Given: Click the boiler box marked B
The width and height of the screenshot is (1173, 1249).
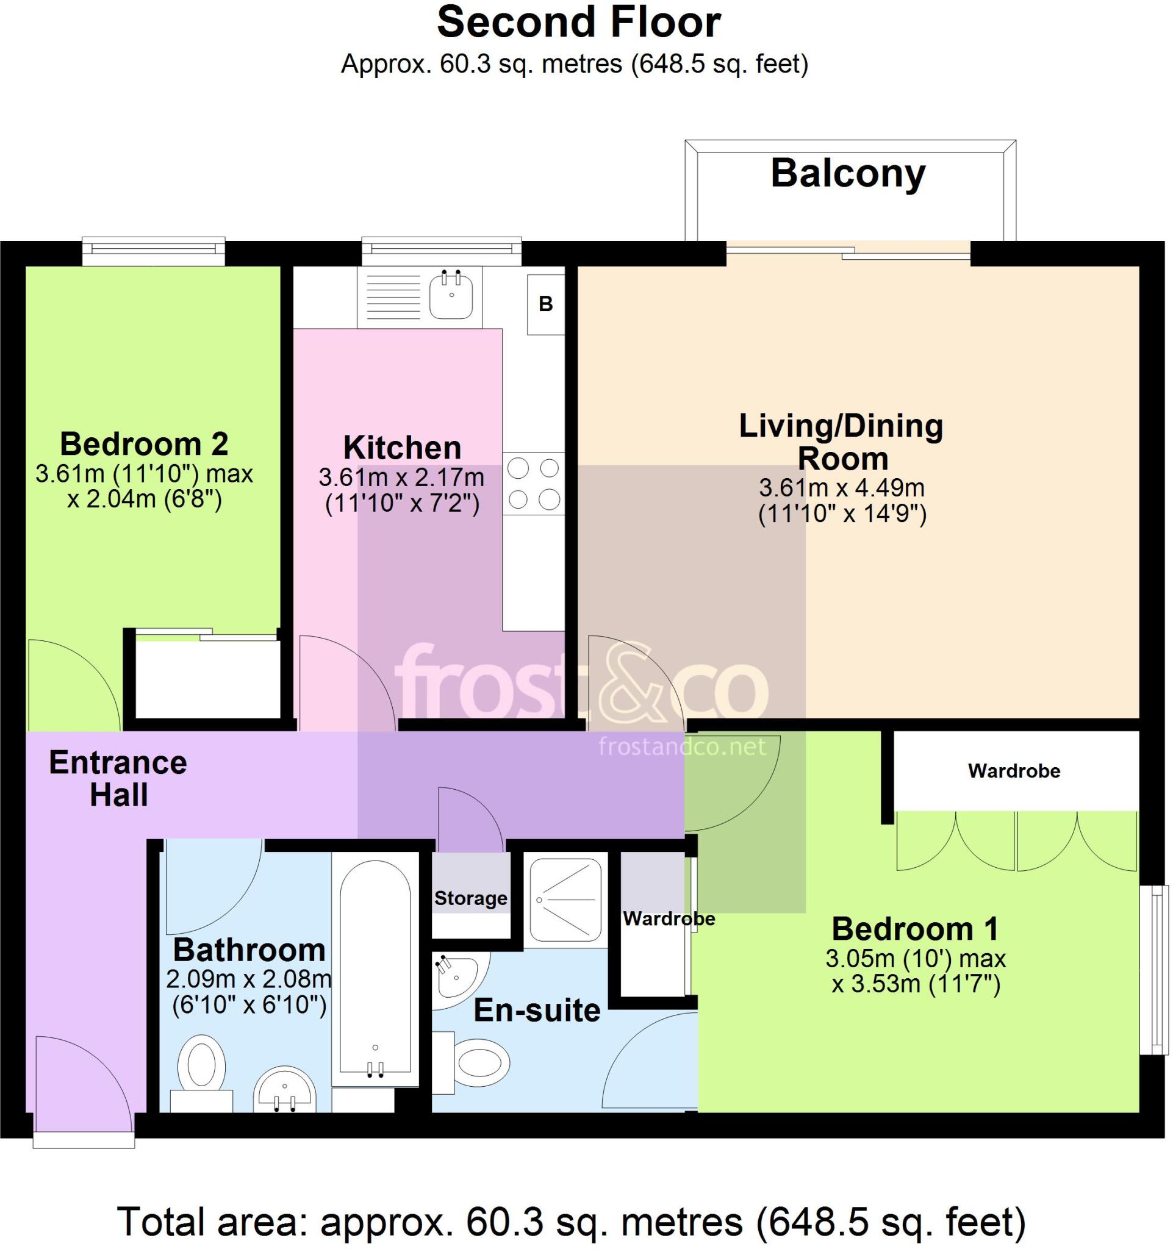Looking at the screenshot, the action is click(x=546, y=305).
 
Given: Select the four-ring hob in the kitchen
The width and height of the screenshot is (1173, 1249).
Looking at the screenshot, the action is click(x=533, y=484).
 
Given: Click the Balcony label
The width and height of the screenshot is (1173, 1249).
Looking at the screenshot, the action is click(x=848, y=174).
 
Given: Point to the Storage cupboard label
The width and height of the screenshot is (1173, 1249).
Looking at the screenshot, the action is click(x=470, y=898).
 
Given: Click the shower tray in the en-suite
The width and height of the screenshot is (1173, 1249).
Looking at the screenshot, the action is click(x=565, y=900).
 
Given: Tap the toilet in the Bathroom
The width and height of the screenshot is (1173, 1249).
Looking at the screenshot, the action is click(x=202, y=1075).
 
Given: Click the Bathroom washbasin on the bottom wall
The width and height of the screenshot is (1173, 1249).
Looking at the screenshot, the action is click(x=285, y=1090).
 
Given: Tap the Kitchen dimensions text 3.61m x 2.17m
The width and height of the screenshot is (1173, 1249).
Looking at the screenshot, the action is click(x=401, y=478).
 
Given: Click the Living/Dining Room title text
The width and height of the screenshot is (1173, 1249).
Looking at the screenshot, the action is click(x=841, y=442).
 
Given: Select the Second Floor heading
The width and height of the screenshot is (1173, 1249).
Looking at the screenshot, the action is click(x=579, y=23).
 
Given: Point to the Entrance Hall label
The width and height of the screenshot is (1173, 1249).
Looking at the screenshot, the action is click(x=118, y=778).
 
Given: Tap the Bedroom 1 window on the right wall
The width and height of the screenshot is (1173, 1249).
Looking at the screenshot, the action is click(x=1155, y=970).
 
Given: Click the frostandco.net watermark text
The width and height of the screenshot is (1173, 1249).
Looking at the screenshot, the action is click(x=683, y=746).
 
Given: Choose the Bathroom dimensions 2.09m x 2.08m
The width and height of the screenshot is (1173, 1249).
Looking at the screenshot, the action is click(x=249, y=979).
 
